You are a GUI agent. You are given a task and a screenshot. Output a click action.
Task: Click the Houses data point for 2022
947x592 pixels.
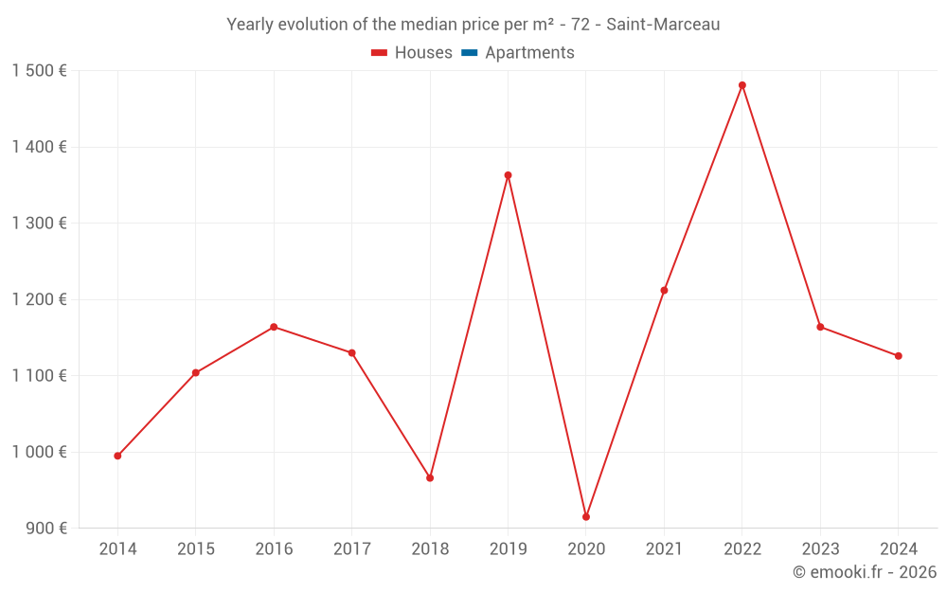[x=742, y=85]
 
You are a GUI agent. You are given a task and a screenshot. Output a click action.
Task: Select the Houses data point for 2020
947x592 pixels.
[x=586, y=517]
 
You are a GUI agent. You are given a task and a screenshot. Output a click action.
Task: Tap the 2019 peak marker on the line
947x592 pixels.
[x=508, y=175]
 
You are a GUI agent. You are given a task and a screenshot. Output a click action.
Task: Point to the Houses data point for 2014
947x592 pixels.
[x=117, y=456]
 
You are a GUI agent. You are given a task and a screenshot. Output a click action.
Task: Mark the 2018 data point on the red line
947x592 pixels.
[x=430, y=478]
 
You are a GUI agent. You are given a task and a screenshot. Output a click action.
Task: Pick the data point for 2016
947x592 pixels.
[x=274, y=327]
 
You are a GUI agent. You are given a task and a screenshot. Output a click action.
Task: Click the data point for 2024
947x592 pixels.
[x=899, y=356]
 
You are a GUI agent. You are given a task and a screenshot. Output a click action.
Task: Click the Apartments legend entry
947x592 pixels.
[x=529, y=53]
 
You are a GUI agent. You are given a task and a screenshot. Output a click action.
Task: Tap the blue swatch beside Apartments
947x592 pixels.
[x=469, y=53]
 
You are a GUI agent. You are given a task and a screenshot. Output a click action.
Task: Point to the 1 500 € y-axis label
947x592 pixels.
[x=39, y=71]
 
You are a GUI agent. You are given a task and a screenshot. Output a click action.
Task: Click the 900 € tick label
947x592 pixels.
[x=45, y=529]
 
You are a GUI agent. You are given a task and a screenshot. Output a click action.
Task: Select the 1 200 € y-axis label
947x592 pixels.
[x=39, y=299]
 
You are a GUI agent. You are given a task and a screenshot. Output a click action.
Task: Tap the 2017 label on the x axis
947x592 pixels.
[x=351, y=549]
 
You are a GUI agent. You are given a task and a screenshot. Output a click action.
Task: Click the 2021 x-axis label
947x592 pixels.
[x=664, y=549]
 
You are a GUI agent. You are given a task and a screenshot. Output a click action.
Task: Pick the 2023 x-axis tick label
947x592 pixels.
[x=820, y=549]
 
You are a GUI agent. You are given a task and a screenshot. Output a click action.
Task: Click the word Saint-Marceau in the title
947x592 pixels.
[x=663, y=25]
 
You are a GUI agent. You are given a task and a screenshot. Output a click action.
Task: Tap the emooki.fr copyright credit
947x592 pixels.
[x=865, y=572]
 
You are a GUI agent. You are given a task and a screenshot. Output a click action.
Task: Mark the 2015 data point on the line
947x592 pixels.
[x=195, y=373]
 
